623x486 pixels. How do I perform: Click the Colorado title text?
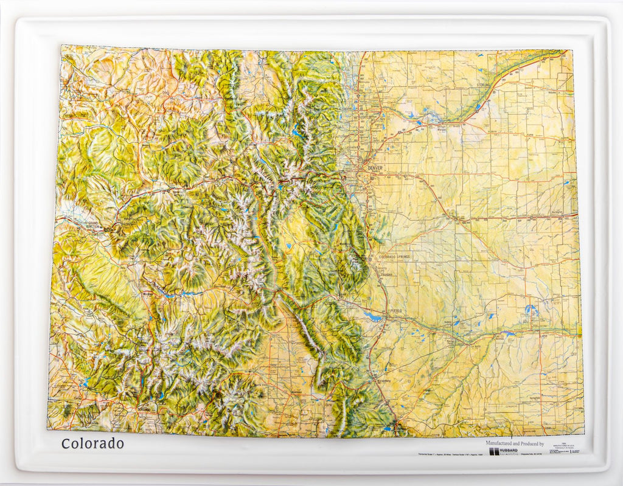click(x=92, y=443)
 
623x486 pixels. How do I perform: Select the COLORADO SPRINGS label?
click(x=394, y=257)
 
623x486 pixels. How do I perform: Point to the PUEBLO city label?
click(x=395, y=311)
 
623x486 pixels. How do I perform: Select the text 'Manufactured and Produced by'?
click(x=514, y=443)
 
